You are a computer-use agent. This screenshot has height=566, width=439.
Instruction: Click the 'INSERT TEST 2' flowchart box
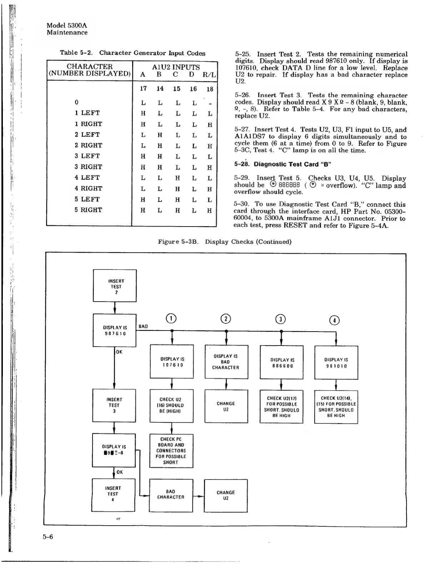pyautogui.click(x=115, y=286)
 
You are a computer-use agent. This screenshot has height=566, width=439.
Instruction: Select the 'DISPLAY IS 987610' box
pyautogui.click(x=115, y=330)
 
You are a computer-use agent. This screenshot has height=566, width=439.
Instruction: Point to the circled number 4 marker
pyautogui.click(x=335, y=321)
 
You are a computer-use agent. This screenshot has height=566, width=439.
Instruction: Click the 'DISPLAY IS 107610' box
pyautogui.click(x=172, y=362)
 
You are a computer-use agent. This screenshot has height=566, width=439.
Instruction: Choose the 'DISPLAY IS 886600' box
pyautogui.click(x=281, y=363)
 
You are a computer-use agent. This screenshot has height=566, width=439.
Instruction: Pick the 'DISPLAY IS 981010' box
pyautogui.click(x=336, y=363)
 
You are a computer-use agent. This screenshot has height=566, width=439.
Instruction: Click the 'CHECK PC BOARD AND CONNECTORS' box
pyautogui.click(x=171, y=451)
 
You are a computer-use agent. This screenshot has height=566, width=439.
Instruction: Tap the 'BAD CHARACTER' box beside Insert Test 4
pyautogui.click(x=171, y=495)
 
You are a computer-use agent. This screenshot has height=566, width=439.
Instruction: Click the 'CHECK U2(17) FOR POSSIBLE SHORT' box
pyautogui.click(x=281, y=407)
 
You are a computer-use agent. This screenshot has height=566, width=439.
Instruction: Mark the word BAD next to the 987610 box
pyautogui.click(x=143, y=326)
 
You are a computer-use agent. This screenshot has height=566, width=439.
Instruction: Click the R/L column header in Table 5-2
pyautogui.click(x=209, y=75)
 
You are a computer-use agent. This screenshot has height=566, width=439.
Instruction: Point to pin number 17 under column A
pyautogui.click(x=143, y=89)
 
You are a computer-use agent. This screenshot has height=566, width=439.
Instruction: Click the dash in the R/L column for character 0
pyautogui.click(x=210, y=104)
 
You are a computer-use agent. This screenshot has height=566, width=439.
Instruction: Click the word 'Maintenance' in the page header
pyautogui.click(x=67, y=33)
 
